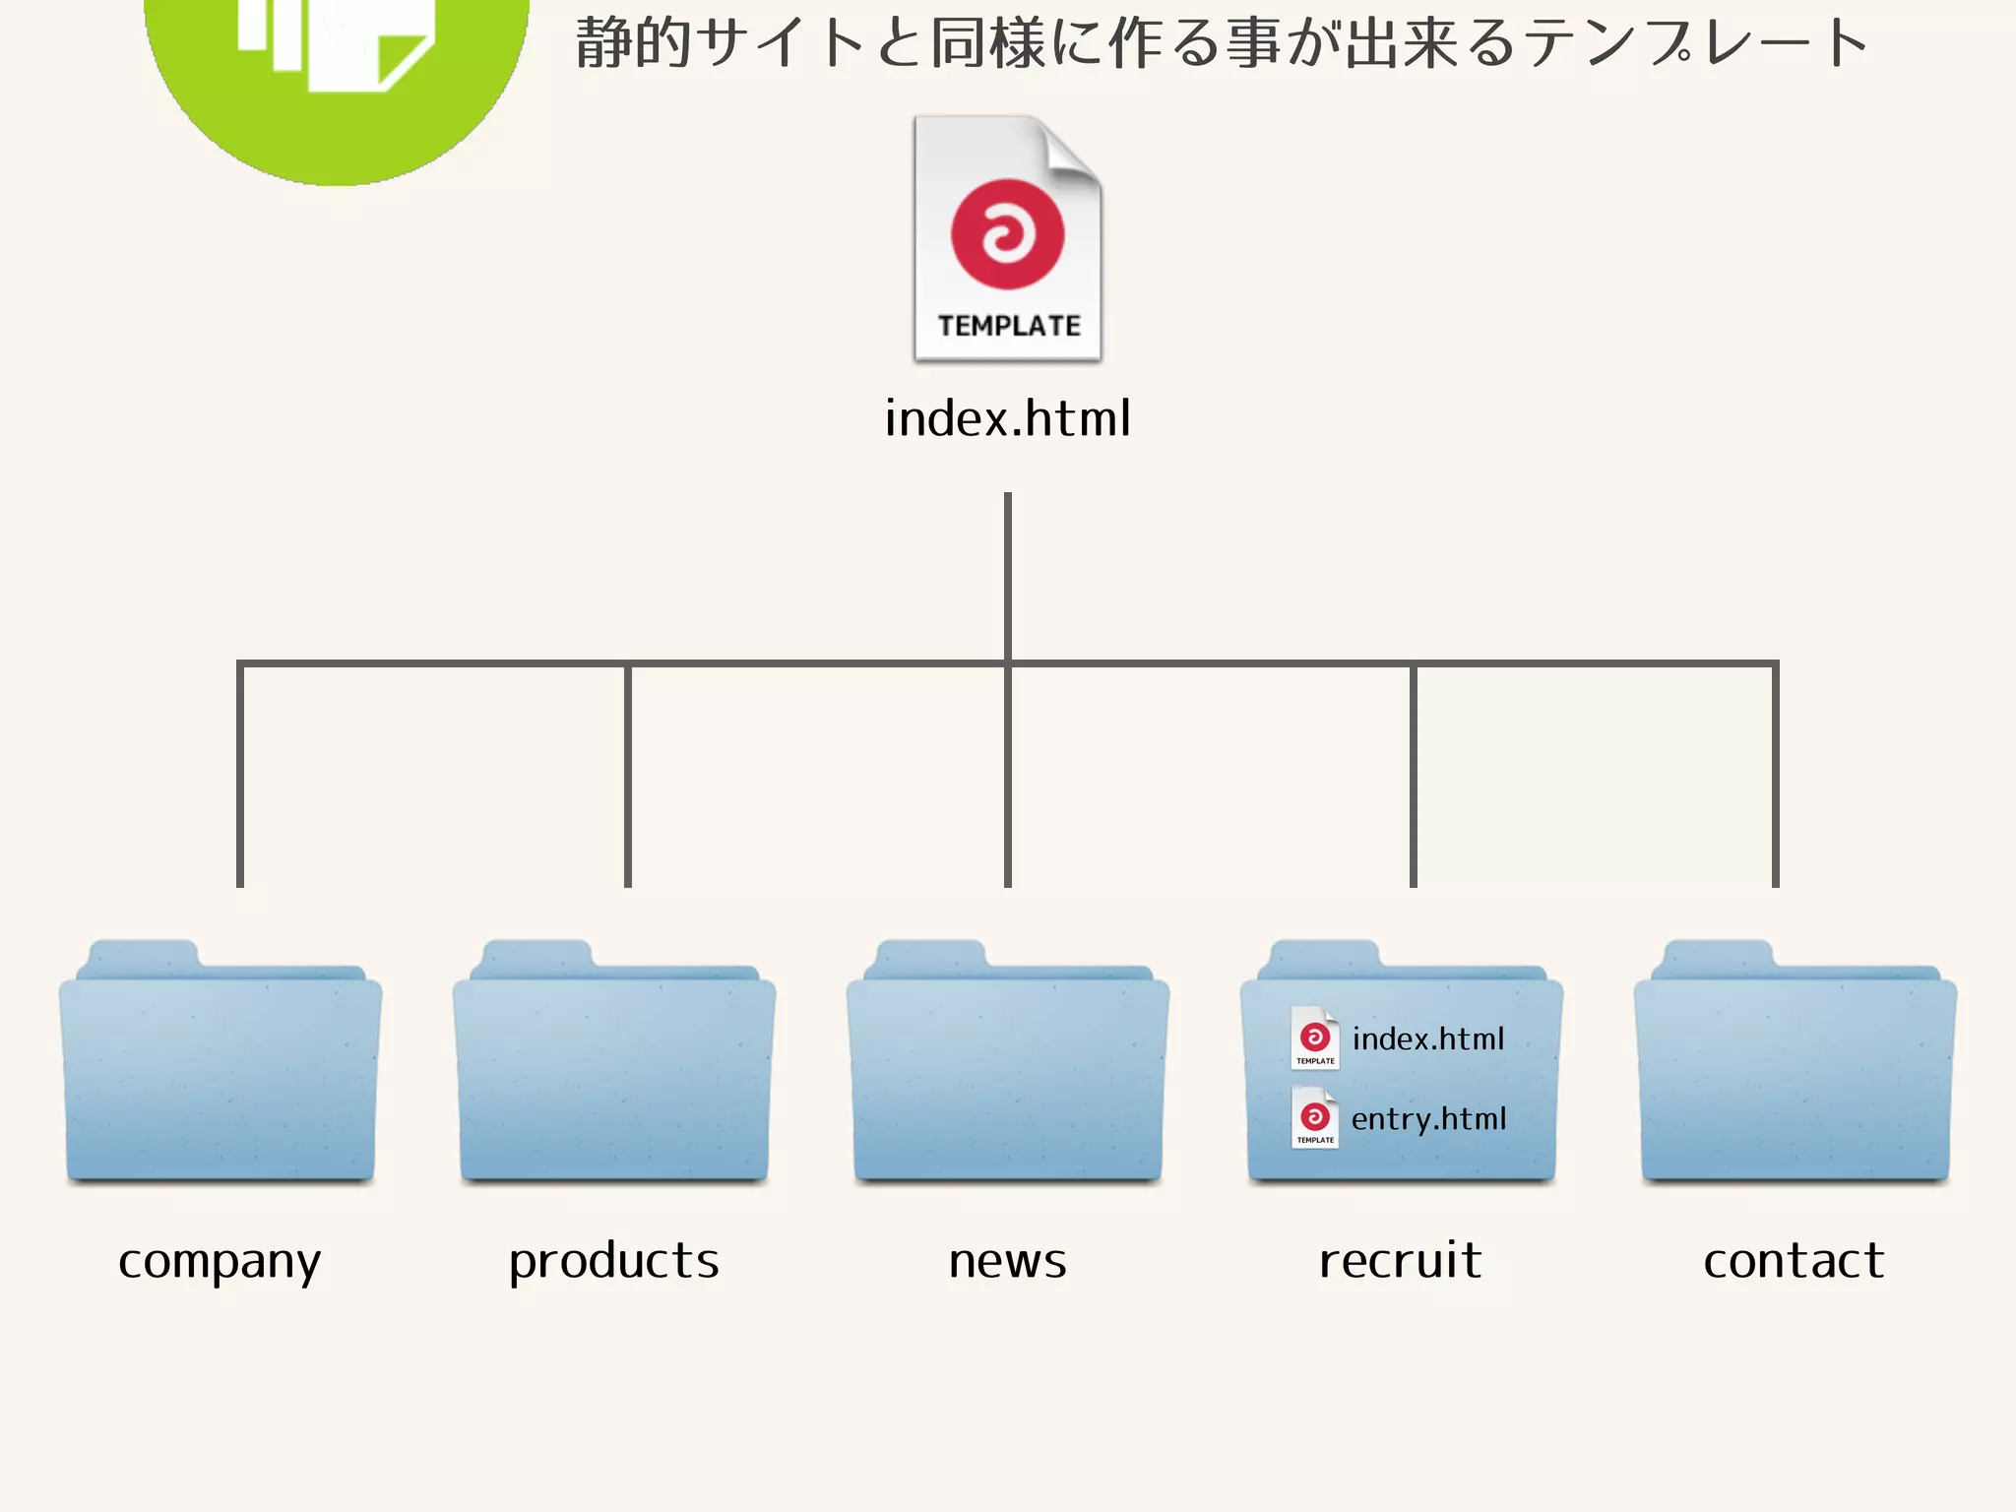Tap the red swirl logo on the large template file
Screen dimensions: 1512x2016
coord(1007,234)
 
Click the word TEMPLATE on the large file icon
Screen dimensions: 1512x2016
coord(1009,326)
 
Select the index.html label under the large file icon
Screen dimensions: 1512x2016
coord(1007,418)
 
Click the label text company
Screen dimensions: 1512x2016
coord(220,1262)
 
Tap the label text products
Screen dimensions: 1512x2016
coord(614,1262)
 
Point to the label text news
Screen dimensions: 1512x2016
coord(1008,1262)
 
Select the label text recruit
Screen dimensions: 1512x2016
coord(1401,1262)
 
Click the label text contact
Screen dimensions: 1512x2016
coord(1795,1262)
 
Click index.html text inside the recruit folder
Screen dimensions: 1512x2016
coord(1428,1039)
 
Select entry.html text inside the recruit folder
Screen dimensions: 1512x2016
coord(1428,1119)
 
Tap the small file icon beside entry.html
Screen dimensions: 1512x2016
coord(1315,1118)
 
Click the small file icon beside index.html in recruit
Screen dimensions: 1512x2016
coord(1315,1039)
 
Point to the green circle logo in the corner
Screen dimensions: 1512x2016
coord(337,89)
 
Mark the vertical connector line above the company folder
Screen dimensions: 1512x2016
coord(240,778)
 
